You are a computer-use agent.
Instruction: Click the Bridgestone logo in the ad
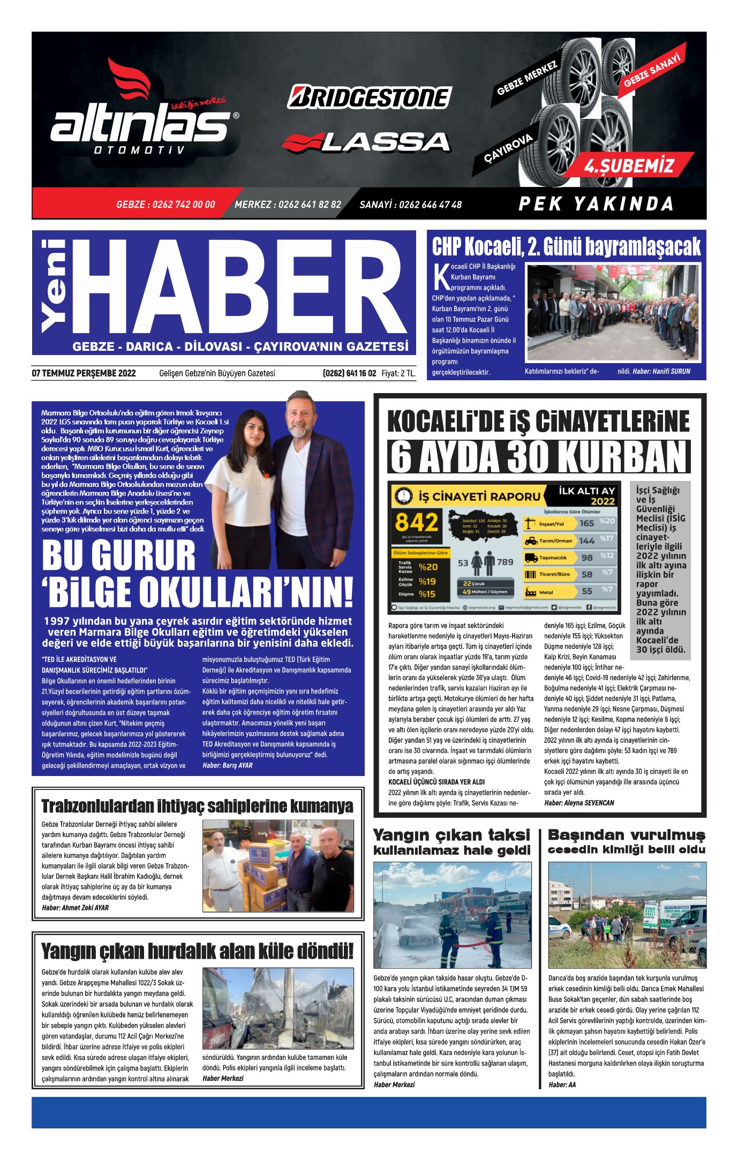click(370, 97)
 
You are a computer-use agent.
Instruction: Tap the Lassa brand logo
click(366, 142)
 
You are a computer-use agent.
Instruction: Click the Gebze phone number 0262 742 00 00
click(165, 205)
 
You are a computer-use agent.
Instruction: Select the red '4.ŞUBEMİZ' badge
click(629, 166)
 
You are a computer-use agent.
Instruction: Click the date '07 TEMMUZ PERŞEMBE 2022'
click(84, 373)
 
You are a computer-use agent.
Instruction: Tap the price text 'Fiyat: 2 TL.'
click(398, 373)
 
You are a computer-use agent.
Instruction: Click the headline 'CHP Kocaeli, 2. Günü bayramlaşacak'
click(566, 247)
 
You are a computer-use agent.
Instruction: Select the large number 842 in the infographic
click(417, 523)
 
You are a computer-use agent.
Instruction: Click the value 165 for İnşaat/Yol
click(586, 523)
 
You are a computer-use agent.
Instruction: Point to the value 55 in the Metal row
click(587, 591)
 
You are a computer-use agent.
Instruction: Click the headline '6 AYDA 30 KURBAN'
click(539, 458)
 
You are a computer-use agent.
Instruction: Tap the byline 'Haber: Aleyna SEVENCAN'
click(579, 803)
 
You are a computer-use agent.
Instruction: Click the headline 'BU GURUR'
click(119, 556)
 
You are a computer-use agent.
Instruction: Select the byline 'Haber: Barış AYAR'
click(227, 765)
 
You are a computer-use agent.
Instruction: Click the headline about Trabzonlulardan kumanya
click(197, 806)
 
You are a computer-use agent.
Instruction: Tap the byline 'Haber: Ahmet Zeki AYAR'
click(75, 908)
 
